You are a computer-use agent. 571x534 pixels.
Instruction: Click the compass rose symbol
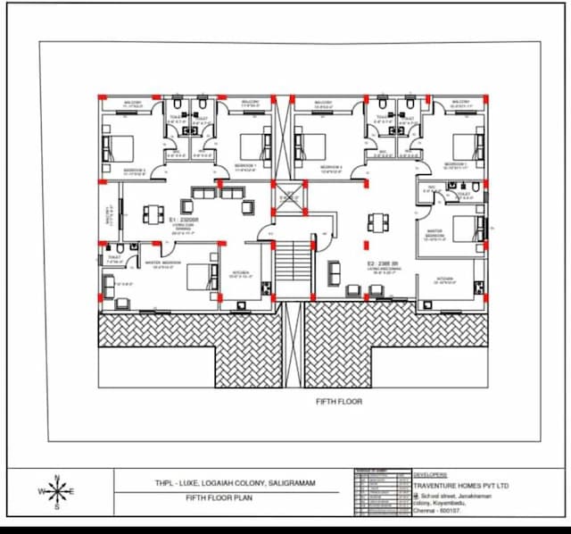click(57, 491)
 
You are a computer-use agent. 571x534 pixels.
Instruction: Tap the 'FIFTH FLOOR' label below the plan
click(339, 402)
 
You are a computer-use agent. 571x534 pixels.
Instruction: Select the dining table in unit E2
click(378, 222)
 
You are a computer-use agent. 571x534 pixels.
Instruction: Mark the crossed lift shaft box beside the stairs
click(288, 195)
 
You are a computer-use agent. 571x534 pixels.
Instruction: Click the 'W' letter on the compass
click(40, 492)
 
